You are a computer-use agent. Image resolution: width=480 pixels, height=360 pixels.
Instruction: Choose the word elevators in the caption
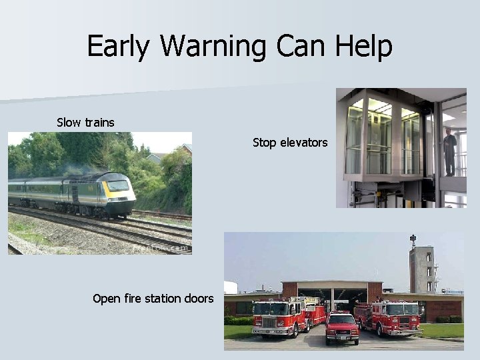coord(304,142)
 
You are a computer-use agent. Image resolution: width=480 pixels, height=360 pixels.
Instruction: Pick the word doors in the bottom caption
coord(198,299)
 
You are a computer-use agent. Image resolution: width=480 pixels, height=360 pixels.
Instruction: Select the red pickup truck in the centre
coord(342,327)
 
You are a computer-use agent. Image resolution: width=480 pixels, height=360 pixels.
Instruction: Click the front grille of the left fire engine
coord(265,323)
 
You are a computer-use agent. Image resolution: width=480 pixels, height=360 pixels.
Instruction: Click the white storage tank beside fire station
coord(231,287)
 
